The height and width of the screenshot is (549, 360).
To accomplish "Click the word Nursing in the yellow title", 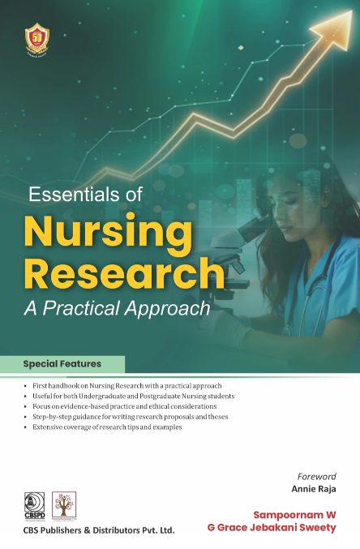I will [108, 231].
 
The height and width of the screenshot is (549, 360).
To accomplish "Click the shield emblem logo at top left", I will [38, 38].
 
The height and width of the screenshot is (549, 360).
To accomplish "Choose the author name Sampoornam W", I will [294, 515].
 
